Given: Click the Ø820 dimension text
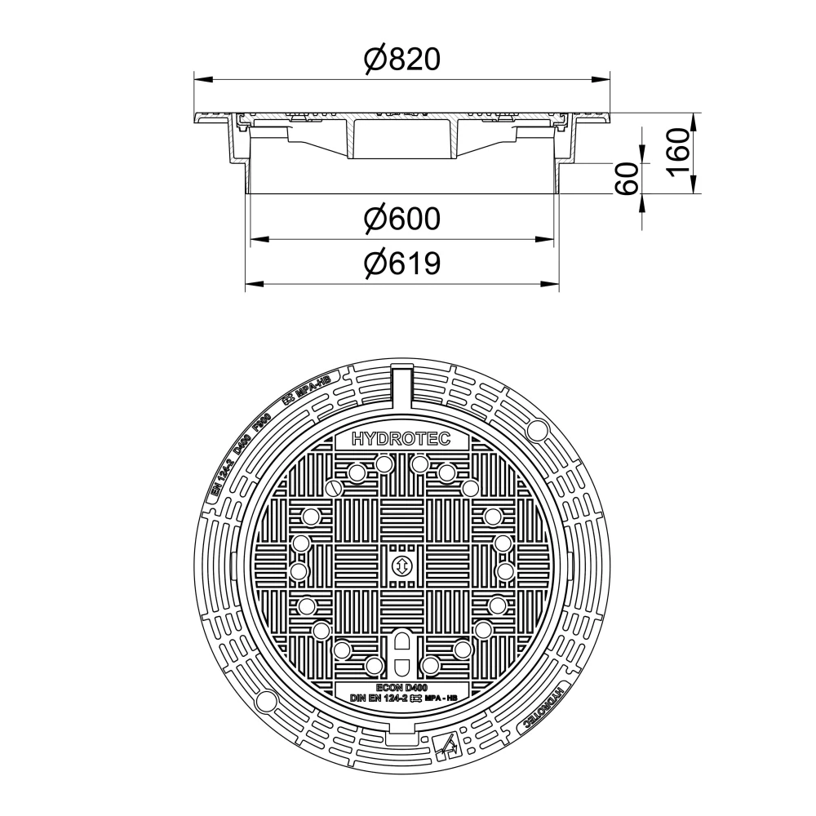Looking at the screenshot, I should (402, 59).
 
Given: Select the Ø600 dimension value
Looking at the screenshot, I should (402, 219).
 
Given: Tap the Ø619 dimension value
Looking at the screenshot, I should (402, 264).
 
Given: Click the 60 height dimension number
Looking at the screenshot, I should (627, 179).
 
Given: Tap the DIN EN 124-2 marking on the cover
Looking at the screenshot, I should (384, 699).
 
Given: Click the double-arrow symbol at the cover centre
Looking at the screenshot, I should (401, 566).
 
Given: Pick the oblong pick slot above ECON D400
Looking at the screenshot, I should (401, 650).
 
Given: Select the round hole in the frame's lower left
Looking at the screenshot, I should (265, 702).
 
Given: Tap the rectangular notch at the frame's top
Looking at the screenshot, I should (401, 384).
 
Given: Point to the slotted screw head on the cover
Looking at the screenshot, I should (333, 488).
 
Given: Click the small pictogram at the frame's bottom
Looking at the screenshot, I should (446, 743).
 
